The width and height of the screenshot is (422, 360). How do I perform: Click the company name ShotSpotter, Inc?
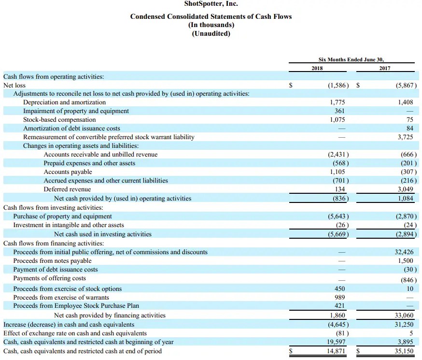(x=211, y=5)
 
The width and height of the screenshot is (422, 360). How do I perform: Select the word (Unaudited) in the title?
(x=211, y=33)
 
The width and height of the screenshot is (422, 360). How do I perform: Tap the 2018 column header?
(x=317, y=68)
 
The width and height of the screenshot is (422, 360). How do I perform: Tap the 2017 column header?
(x=384, y=68)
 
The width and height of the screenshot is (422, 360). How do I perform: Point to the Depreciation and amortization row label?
(x=64, y=102)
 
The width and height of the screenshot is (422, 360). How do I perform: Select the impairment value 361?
(x=339, y=111)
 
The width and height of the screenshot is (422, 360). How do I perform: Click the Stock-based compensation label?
(x=59, y=120)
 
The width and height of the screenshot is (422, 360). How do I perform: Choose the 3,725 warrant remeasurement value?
(x=405, y=137)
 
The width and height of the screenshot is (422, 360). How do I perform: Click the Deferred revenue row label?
(x=67, y=189)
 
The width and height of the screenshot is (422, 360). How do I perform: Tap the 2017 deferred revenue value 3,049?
(x=405, y=189)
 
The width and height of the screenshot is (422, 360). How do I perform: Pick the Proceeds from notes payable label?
(x=52, y=261)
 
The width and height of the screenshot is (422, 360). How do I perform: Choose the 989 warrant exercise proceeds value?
(x=339, y=298)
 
